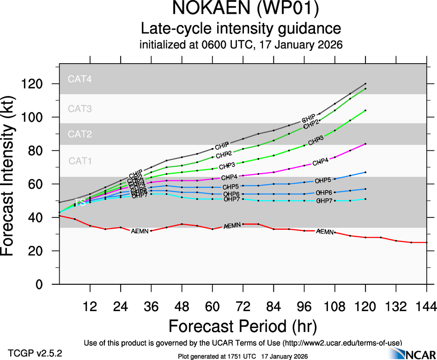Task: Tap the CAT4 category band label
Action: pyautogui.click(x=80, y=79)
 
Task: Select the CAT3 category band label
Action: pyautogui.click(x=80, y=109)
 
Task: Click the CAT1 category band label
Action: pyautogui.click(x=80, y=161)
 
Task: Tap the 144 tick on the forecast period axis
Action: pyautogui.click(x=426, y=306)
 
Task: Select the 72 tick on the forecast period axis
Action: pyautogui.click(x=243, y=306)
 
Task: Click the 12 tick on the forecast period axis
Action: pyautogui.click(x=90, y=306)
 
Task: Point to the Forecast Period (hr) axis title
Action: pyautogui.click(x=243, y=326)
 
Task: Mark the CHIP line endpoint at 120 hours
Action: pyautogui.click(x=365, y=84)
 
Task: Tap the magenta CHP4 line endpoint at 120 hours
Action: pyautogui.click(x=365, y=144)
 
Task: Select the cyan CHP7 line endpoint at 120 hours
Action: pyautogui.click(x=365, y=199)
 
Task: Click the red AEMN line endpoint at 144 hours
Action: pyautogui.click(x=426, y=242)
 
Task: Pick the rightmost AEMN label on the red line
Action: pyautogui.click(x=325, y=231)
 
